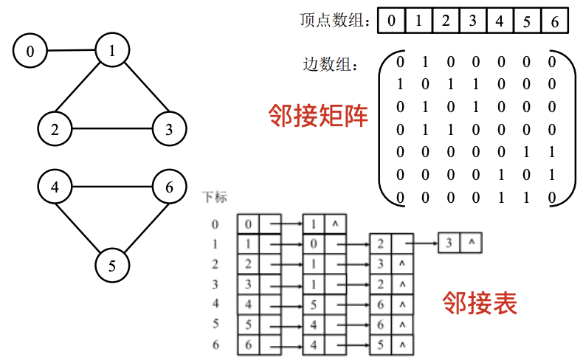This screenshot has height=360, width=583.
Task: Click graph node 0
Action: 30,52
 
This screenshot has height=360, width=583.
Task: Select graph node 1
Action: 111,52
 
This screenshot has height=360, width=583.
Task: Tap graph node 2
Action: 55,130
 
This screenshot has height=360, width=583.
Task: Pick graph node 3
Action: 169,130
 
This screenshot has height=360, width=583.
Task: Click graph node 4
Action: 55,187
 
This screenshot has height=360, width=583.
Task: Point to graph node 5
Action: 111,266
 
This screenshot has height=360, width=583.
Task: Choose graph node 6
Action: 169,187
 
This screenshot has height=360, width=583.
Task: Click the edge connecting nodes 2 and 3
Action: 111,130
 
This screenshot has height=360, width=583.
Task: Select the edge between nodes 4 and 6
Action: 111,187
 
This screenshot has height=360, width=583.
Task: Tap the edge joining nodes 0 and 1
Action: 71,51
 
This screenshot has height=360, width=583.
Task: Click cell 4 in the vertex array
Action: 500,21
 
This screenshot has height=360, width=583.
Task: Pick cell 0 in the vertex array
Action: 391,21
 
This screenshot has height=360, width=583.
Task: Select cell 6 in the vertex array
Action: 554,21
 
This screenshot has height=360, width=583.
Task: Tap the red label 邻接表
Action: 480,302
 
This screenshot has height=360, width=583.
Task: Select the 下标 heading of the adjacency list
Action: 215,198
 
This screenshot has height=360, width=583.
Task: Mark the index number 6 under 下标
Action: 215,345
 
